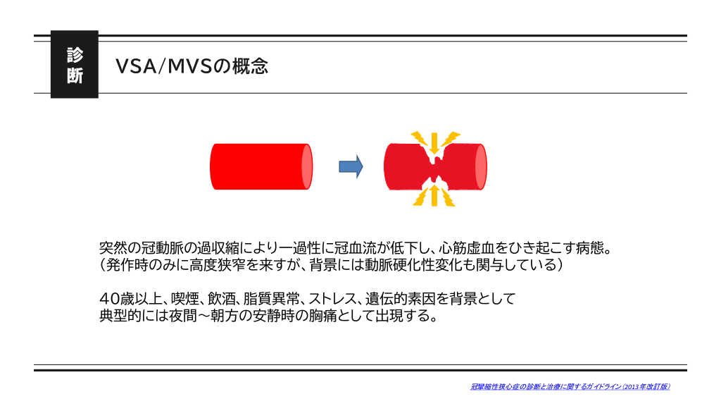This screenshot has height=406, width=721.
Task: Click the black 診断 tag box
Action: pyautogui.click(x=75, y=64)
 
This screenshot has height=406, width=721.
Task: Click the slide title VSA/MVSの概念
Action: pyautogui.click(x=192, y=66)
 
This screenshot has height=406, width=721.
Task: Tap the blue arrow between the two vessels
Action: pyautogui.click(x=351, y=166)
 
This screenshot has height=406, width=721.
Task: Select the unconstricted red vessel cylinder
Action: pyautogui.click(x=261, y=166)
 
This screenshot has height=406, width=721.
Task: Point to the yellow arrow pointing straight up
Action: pyautogui.click(x=434, y=195)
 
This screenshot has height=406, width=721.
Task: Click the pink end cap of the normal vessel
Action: pyautogui.click(x=307, y=166)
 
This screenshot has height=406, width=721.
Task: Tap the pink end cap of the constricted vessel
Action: pyautogui.click(x=481, y=166)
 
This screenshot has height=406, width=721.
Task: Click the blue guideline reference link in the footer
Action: pyautogui.click(x=570, y=387)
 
